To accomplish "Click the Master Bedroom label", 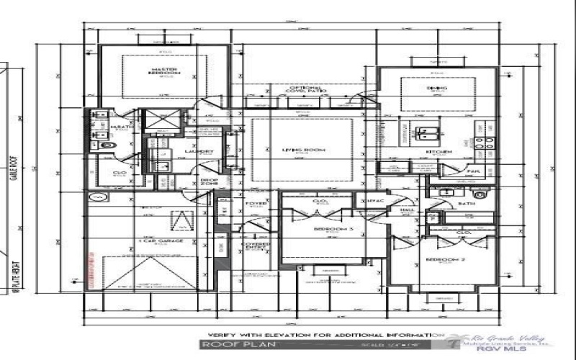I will click(x=165, y=71).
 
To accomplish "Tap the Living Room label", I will click(x=310, y=150).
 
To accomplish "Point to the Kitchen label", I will click(x=438, y=153).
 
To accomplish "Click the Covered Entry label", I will click(x=257, y=247).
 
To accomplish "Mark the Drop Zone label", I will click(x=210, y=182).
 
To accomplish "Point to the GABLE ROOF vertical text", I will click(x=13, y=183).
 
